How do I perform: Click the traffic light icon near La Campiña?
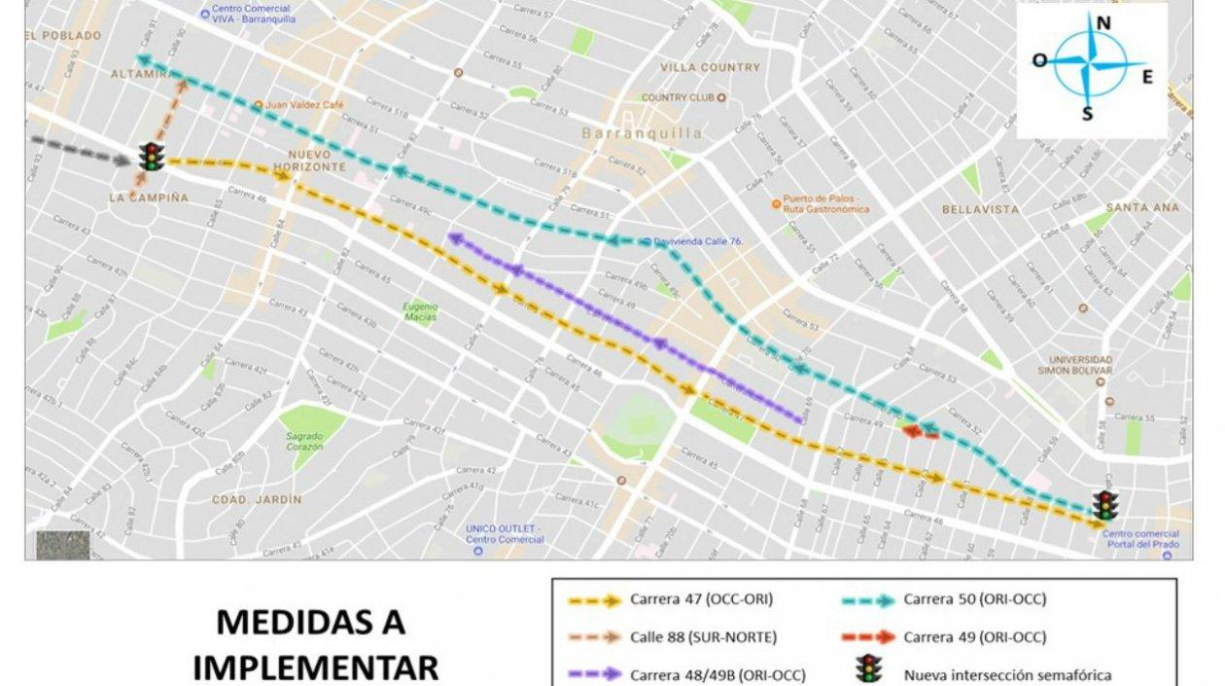click(151, 157)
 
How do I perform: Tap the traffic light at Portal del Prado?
click(1104, 505)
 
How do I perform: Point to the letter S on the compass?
click(1087, 114)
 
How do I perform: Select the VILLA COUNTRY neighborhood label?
click(710, 67)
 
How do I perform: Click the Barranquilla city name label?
click(642, 132)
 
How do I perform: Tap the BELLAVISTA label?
click(980, 209)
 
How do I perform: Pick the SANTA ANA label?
click(1142, 207)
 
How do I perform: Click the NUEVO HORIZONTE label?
click(316, 161)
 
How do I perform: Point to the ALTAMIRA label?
click(140, 74)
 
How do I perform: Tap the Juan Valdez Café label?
click(297, 104)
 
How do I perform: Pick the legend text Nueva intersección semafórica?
click(1007, 674)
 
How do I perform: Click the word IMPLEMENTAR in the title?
click(315, 668)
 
